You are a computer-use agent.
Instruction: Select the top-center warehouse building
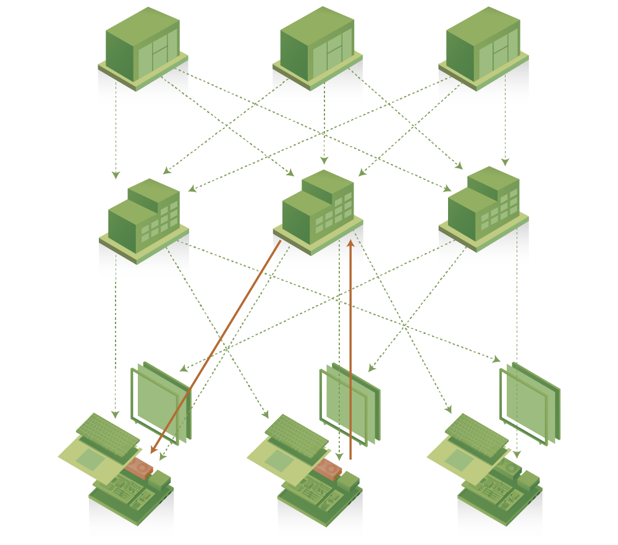pyautogui.click(x=317, y=48)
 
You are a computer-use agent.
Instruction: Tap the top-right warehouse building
pyautogui.click(x=483, y=48)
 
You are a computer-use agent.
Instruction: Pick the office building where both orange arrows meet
pyautogui.click(x=318, y=210)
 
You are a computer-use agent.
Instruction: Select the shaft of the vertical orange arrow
pyautogui.click(x=350, y=353)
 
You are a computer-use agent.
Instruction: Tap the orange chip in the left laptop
pyautogui.click(x=140, y=469)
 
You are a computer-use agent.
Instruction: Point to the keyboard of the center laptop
pyautogui.click(x=297, y=433)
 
